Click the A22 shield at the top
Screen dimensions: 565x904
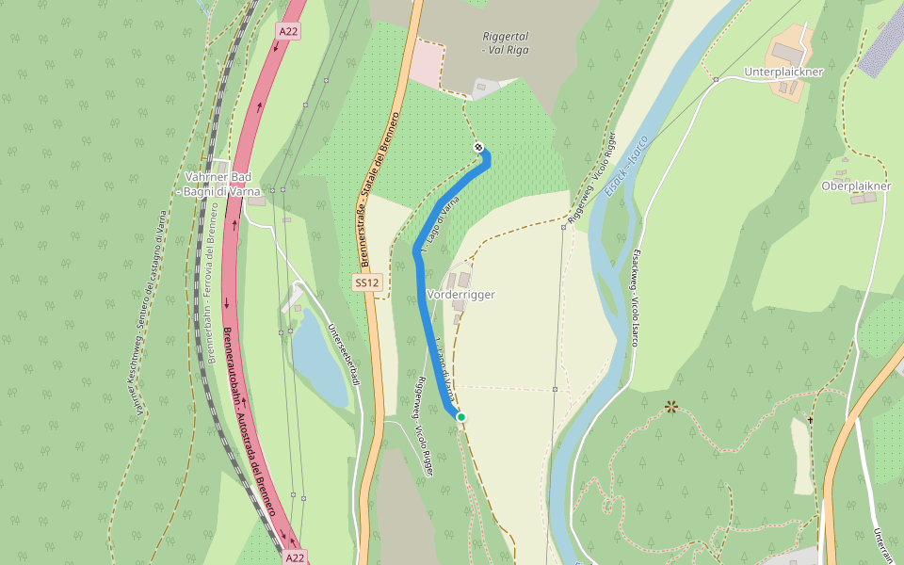(288, 31)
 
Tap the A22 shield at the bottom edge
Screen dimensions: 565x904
(295, 557)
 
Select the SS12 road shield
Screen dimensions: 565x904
(367, 282)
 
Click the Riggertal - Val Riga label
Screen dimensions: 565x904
(505, 41)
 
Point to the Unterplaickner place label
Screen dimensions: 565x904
(783, 72)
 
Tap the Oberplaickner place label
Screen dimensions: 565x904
(856, 186)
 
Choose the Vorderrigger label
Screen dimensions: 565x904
(460, 295)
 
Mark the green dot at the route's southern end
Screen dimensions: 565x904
(461, 416)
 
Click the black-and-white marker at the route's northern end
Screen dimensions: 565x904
(478, 147)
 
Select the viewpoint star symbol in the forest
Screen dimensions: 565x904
(670, 407)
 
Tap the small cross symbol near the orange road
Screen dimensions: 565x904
(810, 419)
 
